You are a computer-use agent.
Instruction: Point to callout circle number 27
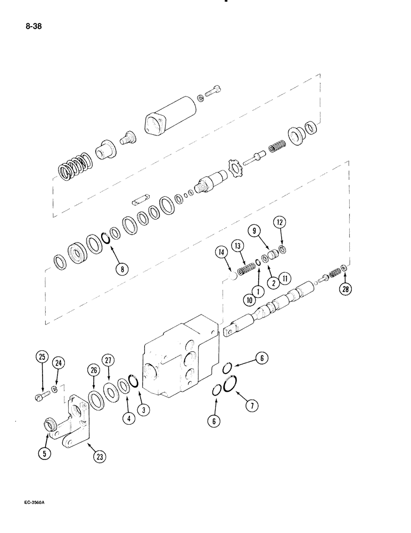(x=109, y=360)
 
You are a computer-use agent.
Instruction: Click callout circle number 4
(x=128, y=418)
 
